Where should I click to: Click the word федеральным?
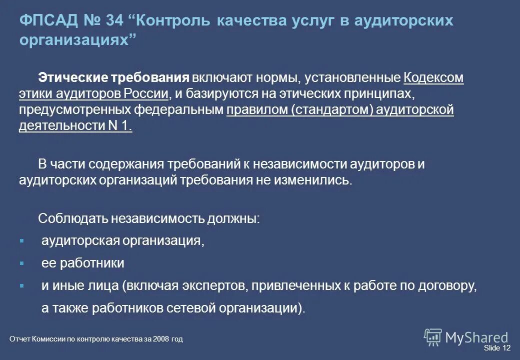click(x=190, y=110)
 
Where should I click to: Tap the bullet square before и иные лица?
click(x=21, y=285)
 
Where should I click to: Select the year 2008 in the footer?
click(x=161, y=339)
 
